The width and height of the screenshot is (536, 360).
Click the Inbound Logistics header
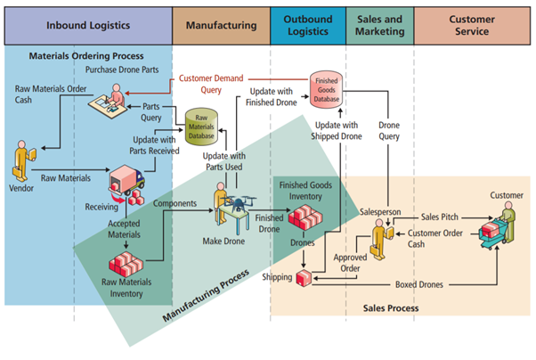[88, 25]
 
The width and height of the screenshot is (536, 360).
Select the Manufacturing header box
[221, 25]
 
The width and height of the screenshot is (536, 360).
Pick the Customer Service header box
[471, 25]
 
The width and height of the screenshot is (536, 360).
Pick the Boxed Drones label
[421, 285]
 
